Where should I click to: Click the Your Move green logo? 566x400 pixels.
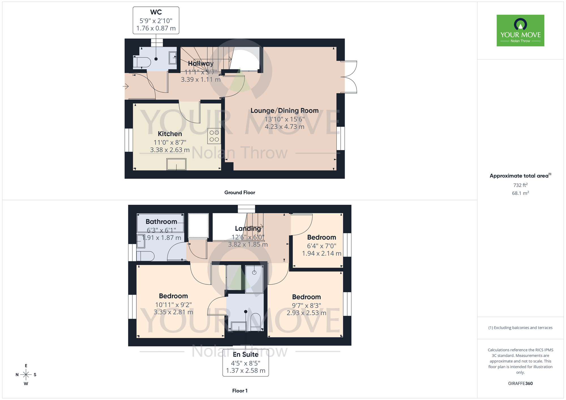520,31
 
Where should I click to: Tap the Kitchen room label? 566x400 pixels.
170,134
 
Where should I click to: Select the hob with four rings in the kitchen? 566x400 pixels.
214,136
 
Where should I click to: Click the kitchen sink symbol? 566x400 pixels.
176,164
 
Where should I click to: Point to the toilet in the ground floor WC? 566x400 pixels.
143,62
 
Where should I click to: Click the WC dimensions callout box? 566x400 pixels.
156,20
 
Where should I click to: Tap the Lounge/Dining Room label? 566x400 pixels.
284,111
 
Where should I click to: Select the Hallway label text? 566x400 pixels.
201,63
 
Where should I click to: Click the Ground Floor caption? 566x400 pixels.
240,192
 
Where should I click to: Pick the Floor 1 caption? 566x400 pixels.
240,391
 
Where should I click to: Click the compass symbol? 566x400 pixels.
26,375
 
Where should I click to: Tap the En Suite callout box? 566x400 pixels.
246,362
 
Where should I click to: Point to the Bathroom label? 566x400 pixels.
161,221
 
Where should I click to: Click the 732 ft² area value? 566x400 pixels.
520,185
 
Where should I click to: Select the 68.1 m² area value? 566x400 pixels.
520,193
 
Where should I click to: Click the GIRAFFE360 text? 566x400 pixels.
520,384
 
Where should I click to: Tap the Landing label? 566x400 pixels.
248,228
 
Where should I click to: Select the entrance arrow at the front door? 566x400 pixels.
126,86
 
